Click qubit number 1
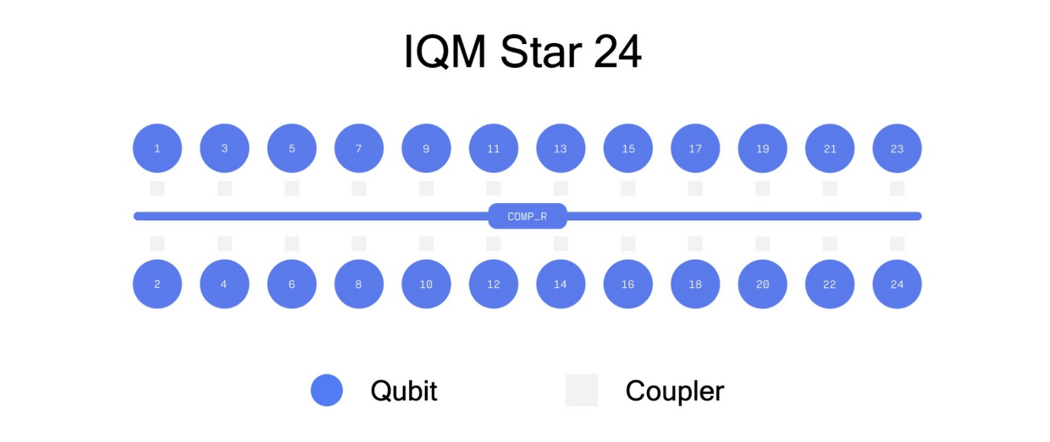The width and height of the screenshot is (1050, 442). click(x=157, y=148)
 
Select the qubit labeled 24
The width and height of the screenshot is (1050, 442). click(x=897, y=284)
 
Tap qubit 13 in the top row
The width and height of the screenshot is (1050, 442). click(x=561, y=148)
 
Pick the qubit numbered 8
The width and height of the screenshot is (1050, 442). click(x=358, y=284)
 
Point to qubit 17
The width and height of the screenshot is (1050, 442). click(x=695, y=148)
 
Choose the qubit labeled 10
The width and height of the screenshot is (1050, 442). click(x=426, y=284)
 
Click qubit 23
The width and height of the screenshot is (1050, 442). click(x=897, y=148)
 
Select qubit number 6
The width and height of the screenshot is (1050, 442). click(x=291, y=284)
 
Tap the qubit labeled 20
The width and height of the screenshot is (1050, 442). click(x=762, y=284)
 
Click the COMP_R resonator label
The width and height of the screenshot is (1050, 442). click(x=528, y=216)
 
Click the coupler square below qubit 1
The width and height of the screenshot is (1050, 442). click(x=157, y=189)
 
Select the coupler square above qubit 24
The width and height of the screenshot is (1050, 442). click(x=897, y=244)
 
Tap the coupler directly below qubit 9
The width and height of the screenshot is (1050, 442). click(x=426, y=189)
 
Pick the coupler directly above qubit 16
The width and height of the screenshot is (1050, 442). click(x=627, y=244)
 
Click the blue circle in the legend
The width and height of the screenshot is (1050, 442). click(x=327, y=390)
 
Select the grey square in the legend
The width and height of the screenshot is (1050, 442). click(x=581, y=390)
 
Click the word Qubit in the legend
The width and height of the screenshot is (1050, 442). click(x=404, y=391)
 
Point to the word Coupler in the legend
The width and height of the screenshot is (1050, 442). click(x=675, y=391)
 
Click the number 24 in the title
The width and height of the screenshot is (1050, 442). click(x=616, y=52)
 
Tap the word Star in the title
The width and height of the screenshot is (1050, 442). click(x=541, y=52)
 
